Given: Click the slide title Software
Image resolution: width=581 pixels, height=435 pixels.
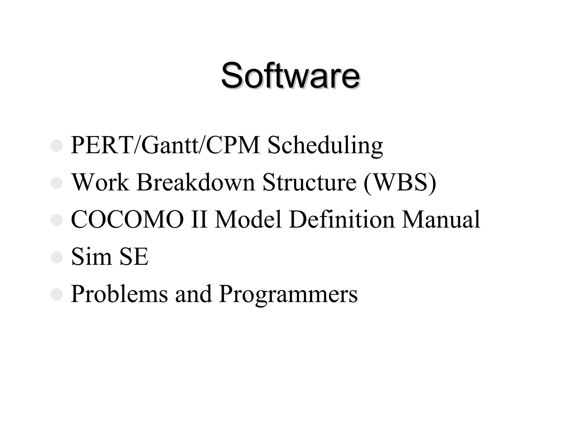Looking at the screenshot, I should tap(290, 75).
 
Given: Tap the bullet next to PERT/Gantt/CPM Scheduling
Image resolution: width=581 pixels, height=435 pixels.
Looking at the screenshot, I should tap(56, 146).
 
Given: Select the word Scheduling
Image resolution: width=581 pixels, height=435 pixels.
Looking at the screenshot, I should tap(325, 146).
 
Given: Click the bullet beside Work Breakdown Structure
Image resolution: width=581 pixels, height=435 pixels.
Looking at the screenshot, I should tap(56, 183).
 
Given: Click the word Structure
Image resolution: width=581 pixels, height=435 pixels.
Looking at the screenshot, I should tap(309, 182).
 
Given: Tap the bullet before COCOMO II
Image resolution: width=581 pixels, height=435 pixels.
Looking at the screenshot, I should tap(56, 220).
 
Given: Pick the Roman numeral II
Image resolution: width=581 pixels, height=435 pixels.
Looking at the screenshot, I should tap(199, 219).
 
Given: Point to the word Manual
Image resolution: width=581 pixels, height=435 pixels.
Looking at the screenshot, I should tap(441, 219).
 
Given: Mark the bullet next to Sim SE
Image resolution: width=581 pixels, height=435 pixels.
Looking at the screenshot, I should tap(56, 257).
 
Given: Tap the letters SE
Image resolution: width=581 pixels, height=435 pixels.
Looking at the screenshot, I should tap(134, 257).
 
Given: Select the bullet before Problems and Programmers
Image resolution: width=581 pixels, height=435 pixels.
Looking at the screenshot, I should tap(56, 295).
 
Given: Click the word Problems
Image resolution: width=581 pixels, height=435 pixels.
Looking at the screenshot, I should tap(119, 294).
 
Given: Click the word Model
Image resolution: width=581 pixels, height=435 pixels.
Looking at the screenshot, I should tap(248, 219).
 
